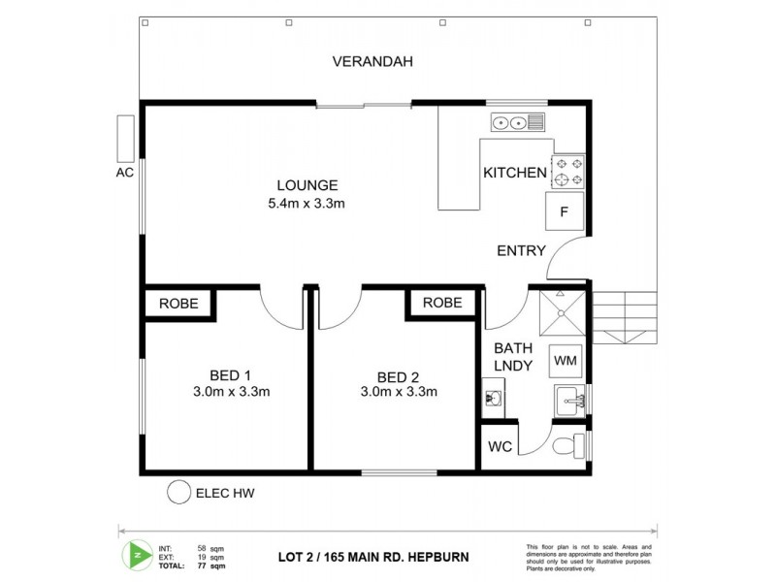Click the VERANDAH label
coord(372,62)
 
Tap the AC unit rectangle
coord(124,139)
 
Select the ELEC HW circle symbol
coord(178,493)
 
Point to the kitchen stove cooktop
coord(568,172)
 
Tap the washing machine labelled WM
coord(565,361)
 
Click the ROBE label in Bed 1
coord(179,304)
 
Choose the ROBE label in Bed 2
coord(442,304)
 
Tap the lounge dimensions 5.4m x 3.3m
coord(307,204)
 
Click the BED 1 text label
coord(231,375)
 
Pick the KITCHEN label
coord(515,173)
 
